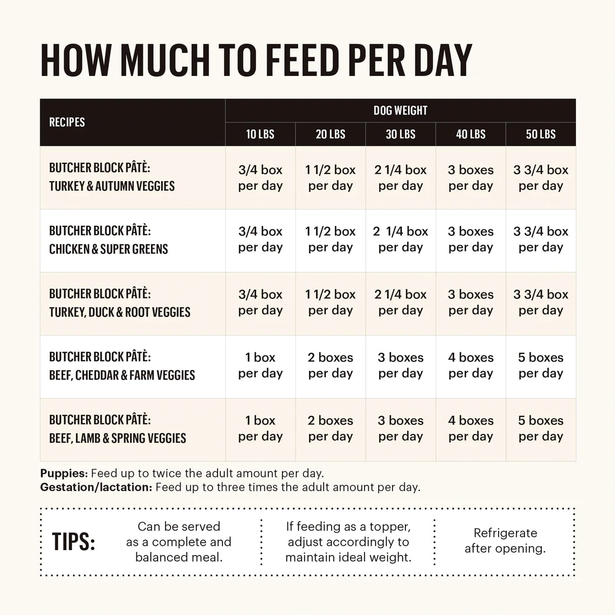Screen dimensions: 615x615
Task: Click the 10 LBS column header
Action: click(260, 134)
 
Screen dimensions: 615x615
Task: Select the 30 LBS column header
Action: click(400, 134)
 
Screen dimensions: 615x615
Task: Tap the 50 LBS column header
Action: click(541, 134)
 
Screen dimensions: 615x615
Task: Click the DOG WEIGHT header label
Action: click(400, 111)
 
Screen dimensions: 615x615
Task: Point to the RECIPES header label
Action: click(67, 122)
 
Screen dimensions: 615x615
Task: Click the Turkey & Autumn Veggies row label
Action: click(112, 177)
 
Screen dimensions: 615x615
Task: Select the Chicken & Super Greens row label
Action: click(108, 240)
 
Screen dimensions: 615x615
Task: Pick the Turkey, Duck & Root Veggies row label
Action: click(120, 304)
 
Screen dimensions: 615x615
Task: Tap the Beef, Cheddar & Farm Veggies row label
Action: click(122, 367)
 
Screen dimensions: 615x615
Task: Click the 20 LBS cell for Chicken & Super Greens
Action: click(330, 239)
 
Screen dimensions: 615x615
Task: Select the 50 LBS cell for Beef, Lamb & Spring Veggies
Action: click(541, 428)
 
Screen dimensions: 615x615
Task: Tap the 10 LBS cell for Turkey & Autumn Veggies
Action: click(260, 178)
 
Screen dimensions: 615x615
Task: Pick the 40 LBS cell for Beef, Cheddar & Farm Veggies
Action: click(471, 365)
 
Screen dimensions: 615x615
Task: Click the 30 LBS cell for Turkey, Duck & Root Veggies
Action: click(400, 302)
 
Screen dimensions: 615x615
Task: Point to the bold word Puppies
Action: click(64, 474)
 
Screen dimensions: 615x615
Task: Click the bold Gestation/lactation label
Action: click(96, 487)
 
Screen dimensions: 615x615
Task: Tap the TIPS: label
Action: click(73, 542)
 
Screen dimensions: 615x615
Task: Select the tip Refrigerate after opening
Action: click(505, 541)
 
